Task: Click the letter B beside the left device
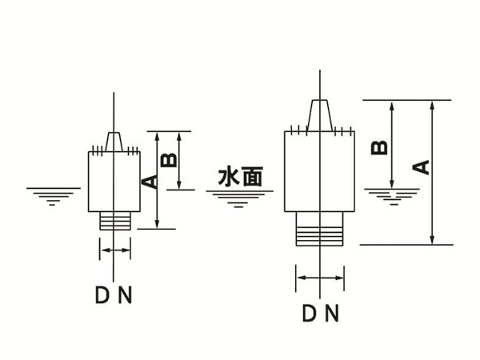[169, 160]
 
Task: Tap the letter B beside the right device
[382, 147]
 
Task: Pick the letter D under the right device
[309, 313]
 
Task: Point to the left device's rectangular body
[115, 181]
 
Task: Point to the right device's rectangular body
[321, 172]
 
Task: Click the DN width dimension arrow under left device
[115, 251]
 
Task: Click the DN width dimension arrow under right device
[321, 278]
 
